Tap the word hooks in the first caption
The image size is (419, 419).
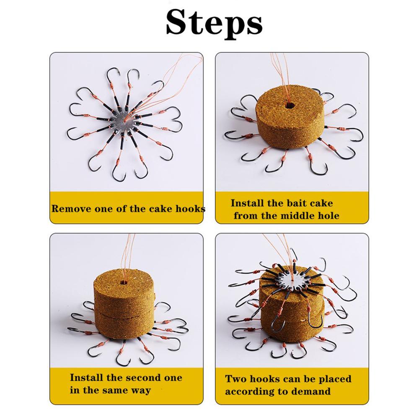click(191, 209)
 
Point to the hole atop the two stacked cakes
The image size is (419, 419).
click(124, 282)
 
